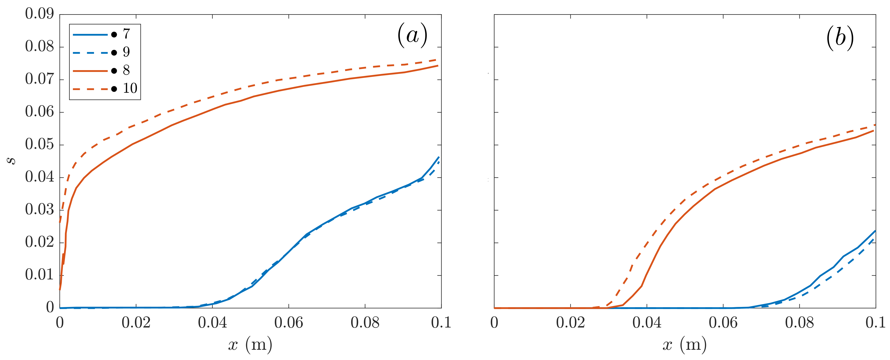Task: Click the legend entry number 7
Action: (x=126, y=34)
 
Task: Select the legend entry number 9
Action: (x=126, y=52)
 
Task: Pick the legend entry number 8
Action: (x=126, y=71)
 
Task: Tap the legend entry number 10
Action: (x=130, y=89)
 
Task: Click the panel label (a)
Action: (x=412, y=35)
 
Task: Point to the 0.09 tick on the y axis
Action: (x=39, y=14)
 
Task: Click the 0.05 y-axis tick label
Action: (x=39, y=145)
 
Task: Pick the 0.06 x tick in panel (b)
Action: (x=723, y=323)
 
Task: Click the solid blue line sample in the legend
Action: (x=90, y=34)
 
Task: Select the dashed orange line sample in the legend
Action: (x=90, y=89)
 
